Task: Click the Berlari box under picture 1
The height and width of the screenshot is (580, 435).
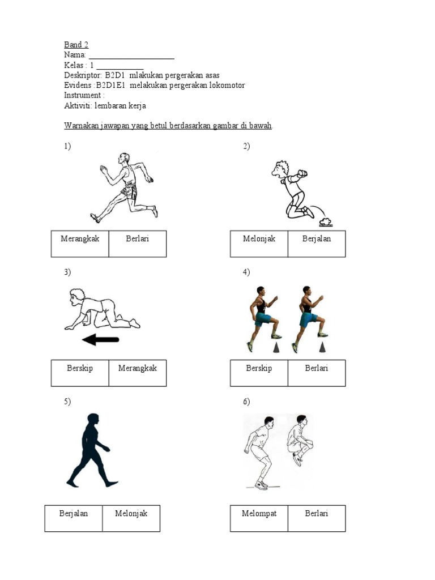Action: (x=138, y=244)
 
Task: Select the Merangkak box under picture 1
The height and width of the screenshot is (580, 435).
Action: (x=80, y=244)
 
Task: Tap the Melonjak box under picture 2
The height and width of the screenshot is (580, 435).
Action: (x=259, y=244)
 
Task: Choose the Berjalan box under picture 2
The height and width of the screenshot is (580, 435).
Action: (x=317, y=244)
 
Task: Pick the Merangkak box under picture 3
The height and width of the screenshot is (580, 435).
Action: (x=138, y=373)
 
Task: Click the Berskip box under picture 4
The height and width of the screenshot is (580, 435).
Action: (x=259, y=373)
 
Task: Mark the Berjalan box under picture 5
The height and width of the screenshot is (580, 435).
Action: (x=74, y=519)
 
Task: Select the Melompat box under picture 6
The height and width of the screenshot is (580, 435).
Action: (x=259, y=519)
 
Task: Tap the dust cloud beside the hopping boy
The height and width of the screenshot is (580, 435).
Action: (x=326, y=222)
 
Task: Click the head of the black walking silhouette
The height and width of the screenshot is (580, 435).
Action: (x=93, y=420)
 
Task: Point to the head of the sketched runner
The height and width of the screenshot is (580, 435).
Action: (x=124, y=158)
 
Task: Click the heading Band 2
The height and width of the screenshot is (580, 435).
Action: (x=76, y=45)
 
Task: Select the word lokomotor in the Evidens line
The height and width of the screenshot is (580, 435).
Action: (x=227, y=86)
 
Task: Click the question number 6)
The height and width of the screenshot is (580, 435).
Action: (x=246, y=402)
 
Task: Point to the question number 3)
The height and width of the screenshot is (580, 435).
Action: (x=67, y=272)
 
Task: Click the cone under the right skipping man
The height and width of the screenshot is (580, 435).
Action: (x=322, y=347)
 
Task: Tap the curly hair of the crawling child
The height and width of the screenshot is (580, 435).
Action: (x=78, y=293)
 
